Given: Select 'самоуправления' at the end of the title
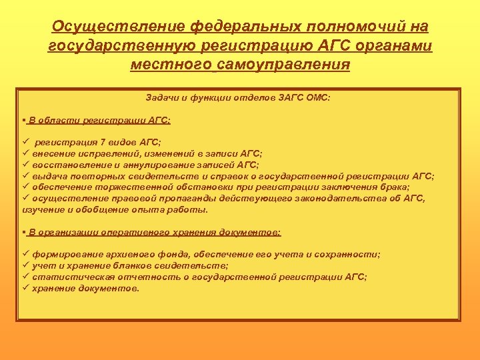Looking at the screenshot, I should (x=283, y=65).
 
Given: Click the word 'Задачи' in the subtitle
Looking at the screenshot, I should (x=162, y=97).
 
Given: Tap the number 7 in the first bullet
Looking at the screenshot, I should (x=101, y=143).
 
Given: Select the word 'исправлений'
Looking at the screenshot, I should (x=99, y=153).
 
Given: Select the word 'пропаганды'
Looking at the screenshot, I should (x=179, y=198).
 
